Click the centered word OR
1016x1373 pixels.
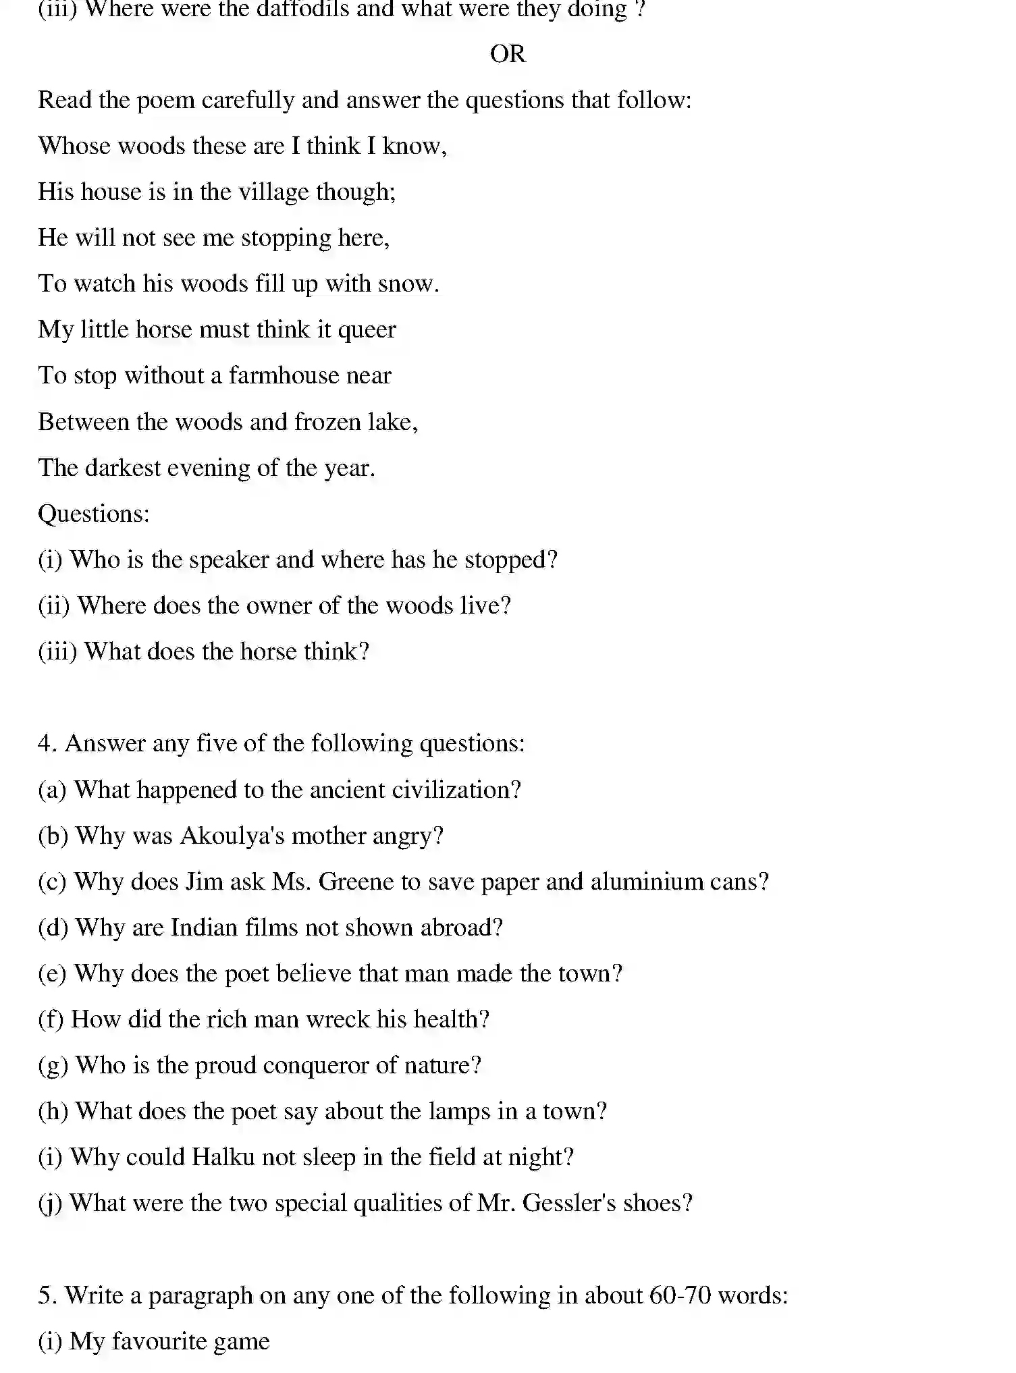click(x=507, y=54)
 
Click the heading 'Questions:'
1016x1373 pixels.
click(x=93, y=514)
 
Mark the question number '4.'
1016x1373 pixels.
click(x=47, y=744)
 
